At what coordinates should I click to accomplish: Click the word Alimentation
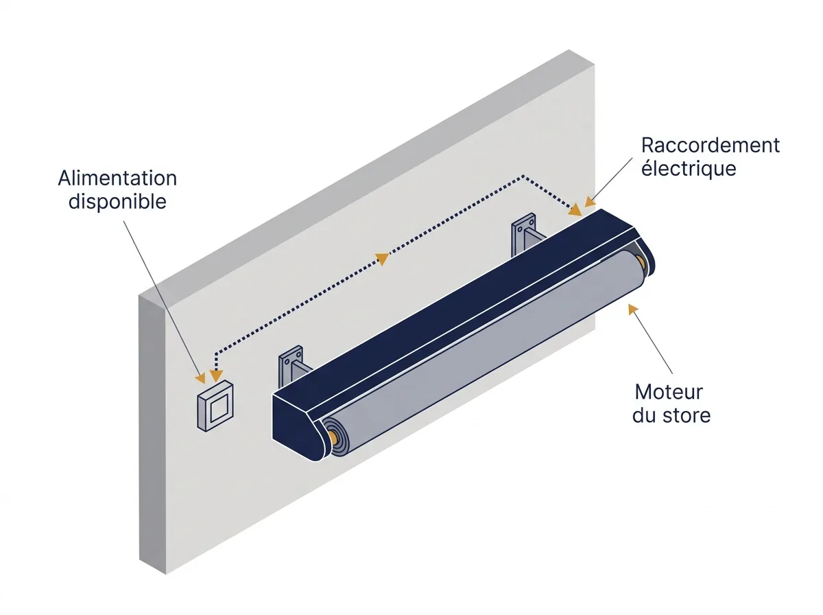coord(117,178)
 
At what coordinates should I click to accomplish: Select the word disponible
coord(117,202)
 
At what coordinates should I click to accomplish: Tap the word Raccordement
coord(711,146)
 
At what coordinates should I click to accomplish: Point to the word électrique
coord(689,168)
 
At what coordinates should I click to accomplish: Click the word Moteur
coord(669,392)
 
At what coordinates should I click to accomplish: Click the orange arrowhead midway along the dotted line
coord(383,259)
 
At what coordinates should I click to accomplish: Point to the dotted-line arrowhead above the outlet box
coord(216,376)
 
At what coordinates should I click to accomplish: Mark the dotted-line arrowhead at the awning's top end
coord(575,210)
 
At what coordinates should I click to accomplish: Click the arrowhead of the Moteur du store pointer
coord(632,309)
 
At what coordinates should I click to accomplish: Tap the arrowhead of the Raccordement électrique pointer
coord(591,202)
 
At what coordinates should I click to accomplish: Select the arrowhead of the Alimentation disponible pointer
coord(201,378)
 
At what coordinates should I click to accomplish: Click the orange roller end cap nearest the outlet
coord(333,437)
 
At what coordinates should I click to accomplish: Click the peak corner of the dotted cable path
coord(523,176)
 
